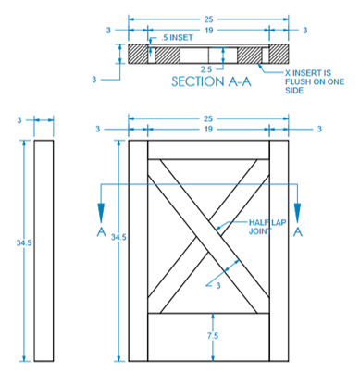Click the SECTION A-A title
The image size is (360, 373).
[x=211, y=81]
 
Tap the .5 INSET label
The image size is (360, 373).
[x=177, y=38]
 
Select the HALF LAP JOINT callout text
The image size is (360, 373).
[x=267, y=227]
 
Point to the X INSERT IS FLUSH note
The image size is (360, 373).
[x=315, y=81]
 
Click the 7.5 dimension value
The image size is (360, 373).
[x=213, y=336]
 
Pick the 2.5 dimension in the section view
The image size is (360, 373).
[x=206, y=69]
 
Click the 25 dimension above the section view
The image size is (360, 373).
[x=208, y=19]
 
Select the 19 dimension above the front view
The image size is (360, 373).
[x=208, y=129]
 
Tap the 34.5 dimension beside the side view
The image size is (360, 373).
[x=24, y=243]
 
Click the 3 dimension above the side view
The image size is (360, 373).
[x=19, y=120]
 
